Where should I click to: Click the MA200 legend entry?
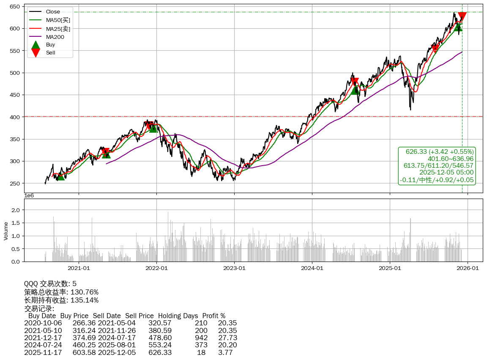tap(55, 37)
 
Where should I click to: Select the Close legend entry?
tap(53, 12)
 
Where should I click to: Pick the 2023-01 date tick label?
tap(234, 268)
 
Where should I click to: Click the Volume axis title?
tap(6, 231)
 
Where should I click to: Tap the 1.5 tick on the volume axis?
tap(15, 223)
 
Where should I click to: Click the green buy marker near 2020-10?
tap(61, 176)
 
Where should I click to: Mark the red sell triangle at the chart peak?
tap(462, 16)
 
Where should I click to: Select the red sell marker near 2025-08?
tap(435, 49)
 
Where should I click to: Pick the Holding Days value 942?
tap(202, 338)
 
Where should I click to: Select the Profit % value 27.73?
tap(227, 338)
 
